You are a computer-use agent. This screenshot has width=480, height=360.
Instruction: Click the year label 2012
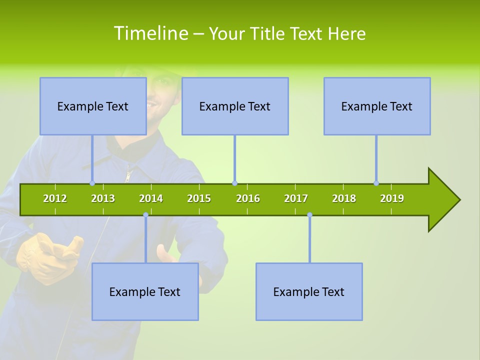[x=55, y=198]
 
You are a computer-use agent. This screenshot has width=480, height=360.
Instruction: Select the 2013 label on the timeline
[x=103, y=198]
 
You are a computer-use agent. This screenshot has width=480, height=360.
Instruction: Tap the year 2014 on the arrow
[x=151, y=198]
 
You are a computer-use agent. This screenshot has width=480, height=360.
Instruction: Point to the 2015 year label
[x=199, y=198]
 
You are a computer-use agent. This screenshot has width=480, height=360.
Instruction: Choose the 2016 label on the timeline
[x=248, y=198]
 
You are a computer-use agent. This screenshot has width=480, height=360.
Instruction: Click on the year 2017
[x=296, y=198]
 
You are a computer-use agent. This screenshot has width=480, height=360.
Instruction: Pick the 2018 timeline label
[x=344, y=198]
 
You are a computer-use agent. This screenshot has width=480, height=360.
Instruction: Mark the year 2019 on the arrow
[x=392, y=198]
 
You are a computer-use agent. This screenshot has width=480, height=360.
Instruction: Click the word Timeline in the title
[x=149, y=33]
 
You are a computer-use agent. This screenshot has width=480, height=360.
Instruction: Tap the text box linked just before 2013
[x=93, y=106]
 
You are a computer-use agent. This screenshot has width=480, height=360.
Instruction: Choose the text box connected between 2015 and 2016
[x=235, y=106]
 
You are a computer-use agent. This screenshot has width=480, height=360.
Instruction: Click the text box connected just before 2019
[x=377, y=106]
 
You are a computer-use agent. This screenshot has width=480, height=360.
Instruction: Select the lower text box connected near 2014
[x=145, y=291]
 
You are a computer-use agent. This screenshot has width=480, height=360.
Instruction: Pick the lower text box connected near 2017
[x=309, y=291]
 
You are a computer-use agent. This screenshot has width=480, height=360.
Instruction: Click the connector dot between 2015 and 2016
[x=235, y=183]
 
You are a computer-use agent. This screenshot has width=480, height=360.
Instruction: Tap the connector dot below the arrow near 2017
[x=309, y=215]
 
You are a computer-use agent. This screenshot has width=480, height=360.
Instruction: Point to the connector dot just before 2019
[x=376, y=183]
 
